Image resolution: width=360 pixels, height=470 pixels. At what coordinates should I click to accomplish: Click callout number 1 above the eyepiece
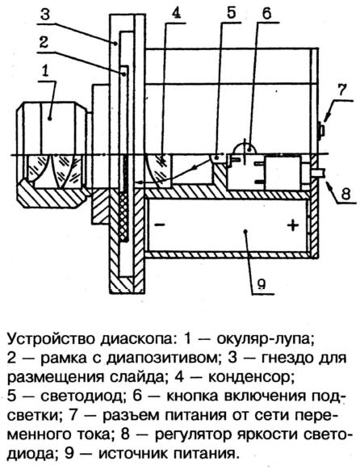(x=45, y=72)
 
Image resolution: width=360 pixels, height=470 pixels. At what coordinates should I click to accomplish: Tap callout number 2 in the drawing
(x=44, y=43)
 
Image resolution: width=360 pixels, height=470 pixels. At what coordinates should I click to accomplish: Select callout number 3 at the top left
(x=45, y=13)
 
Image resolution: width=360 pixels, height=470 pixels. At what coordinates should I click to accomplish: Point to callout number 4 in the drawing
(x=176, y=13)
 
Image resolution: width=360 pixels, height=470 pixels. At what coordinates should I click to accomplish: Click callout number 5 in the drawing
(x=231, y=13)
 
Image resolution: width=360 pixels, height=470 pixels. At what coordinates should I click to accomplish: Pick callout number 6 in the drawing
(x=267, y=13)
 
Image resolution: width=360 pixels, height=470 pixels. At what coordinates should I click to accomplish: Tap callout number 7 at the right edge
(x=341, y=90)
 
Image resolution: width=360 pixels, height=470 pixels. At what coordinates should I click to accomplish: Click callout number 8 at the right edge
(x=345, y=194)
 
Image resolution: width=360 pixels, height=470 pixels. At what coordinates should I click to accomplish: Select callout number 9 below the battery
(x=262, y=283)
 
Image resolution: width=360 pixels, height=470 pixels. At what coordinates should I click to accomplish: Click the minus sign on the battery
(x=160, y=225)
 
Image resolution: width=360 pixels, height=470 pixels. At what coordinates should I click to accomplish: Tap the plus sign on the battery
(x=293, y=225)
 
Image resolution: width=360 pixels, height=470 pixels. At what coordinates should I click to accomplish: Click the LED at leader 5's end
(x=217, y=158)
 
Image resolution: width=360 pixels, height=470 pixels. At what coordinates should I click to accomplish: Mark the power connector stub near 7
(x=321, y=130)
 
